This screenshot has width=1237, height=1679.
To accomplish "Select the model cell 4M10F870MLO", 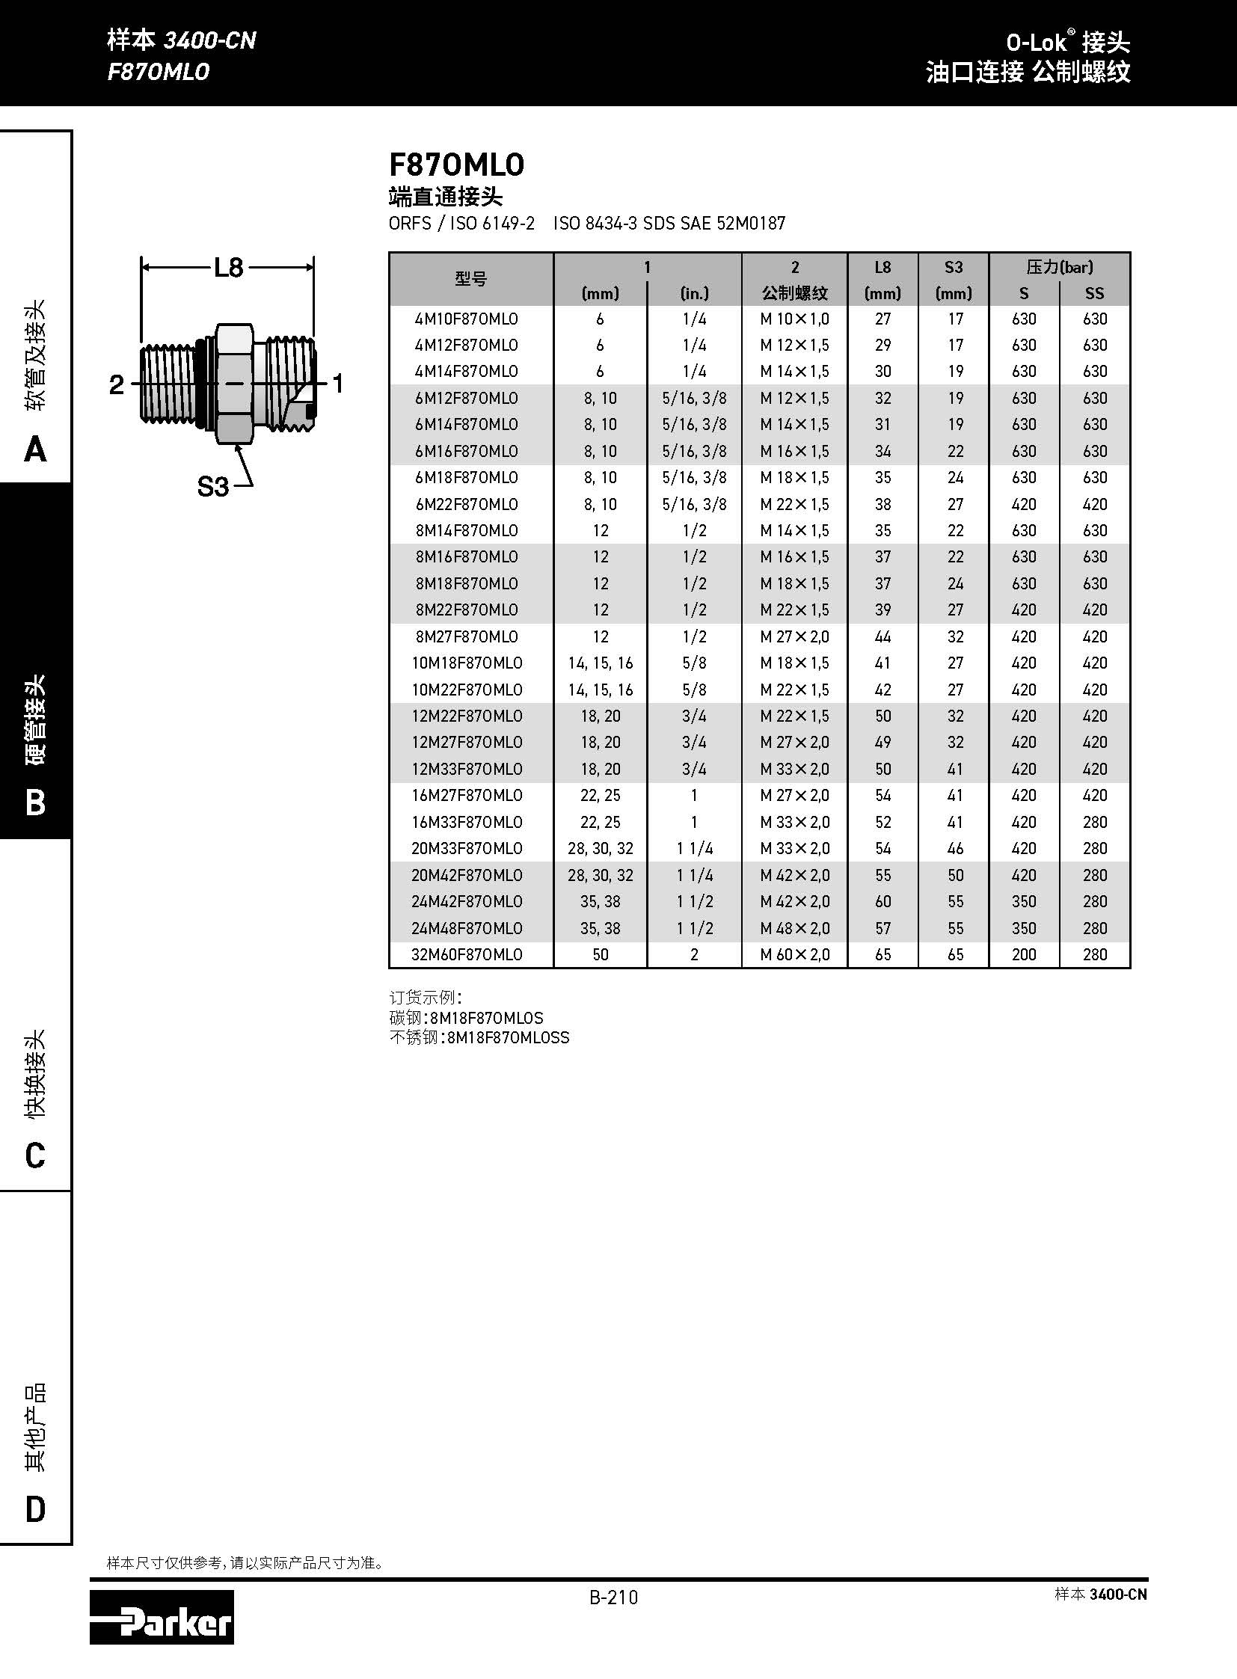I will coord(466,319).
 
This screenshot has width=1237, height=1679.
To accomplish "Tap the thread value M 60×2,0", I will coord(794,955).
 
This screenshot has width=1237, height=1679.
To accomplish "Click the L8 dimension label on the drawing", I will coord(228,267).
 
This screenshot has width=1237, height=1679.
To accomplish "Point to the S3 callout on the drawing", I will coord(212,487).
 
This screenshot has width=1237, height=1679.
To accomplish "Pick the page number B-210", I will coord(613,1598).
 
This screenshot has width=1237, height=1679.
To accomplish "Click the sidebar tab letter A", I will coord(35,450).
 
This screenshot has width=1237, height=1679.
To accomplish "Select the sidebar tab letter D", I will coord(35,1510).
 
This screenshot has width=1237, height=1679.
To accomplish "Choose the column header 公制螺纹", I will coord(794,293).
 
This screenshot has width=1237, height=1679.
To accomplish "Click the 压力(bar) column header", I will coord(1059,267).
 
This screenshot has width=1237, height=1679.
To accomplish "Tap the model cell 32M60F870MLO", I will coord(467,955).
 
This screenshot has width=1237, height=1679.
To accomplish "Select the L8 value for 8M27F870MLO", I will coord(883,636).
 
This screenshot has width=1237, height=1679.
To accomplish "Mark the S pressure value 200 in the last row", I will coord(1024,955).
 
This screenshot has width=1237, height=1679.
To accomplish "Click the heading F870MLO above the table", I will coord(456,165).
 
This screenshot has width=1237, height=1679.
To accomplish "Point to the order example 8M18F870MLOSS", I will coord(508,1038).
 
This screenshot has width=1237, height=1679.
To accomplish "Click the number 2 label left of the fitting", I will coord(116,385).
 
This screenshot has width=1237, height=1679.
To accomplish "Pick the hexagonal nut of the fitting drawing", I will coord(233,383).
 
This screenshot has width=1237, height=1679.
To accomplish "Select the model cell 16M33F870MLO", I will coord(467,822).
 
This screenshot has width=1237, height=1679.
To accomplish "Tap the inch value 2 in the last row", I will coord(694,955).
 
